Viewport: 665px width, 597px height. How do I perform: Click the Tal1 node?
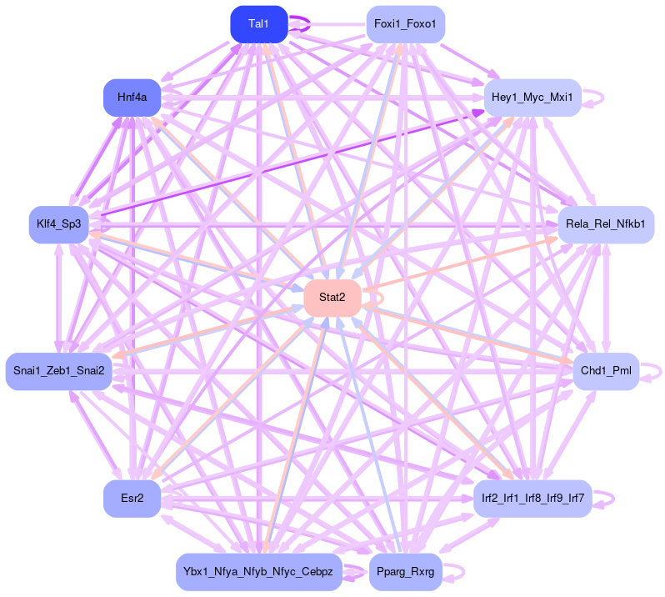(258, 24)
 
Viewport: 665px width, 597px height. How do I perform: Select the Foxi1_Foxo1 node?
(405, 24)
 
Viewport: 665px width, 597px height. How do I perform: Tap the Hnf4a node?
(132, 98)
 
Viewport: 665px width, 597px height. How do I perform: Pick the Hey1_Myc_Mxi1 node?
(532, 98)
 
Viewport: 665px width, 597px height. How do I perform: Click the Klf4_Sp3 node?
(58, 224)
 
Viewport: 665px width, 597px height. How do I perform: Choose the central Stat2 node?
(332, 298)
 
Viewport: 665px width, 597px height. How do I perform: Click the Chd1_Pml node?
(605, 371)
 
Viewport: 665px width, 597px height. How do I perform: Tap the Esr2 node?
(132, 499)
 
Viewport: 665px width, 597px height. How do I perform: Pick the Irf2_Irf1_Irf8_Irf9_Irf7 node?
(532, 499)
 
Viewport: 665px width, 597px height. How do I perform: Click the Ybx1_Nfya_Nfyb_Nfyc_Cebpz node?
(258, 572)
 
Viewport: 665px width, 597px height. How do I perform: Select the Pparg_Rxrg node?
(405, 572)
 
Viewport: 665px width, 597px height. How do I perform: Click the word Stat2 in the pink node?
(332, 298)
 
